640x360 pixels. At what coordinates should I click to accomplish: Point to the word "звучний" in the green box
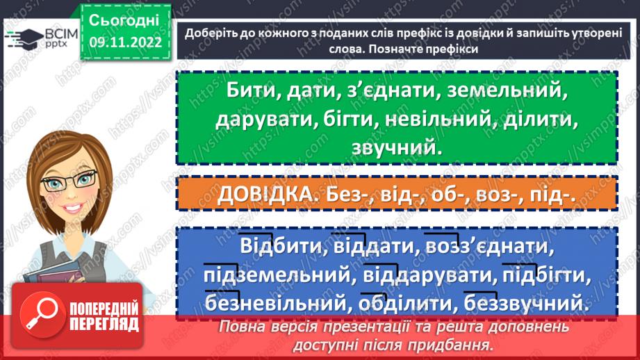pos(396,147)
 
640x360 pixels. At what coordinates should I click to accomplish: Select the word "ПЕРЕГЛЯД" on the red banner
pos(103,325)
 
